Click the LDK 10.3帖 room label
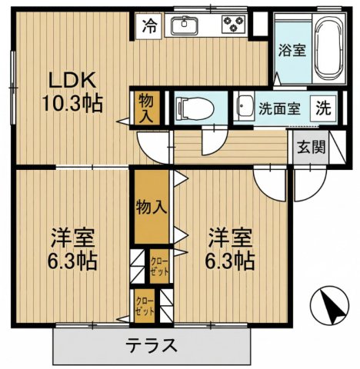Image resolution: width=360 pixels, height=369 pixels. (72, 90)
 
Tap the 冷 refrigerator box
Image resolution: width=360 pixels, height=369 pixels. (149, 26)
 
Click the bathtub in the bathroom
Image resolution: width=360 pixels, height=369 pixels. (328, 48)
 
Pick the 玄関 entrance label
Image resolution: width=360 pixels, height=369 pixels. (311, 146)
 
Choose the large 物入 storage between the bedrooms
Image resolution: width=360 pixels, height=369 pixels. (151, 206)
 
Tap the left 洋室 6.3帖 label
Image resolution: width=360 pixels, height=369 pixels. (72, 248)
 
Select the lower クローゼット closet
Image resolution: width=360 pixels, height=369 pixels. (145, 306)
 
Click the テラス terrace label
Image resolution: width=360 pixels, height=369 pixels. (152, 344)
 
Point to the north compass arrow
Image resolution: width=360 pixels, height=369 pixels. (332, 307)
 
